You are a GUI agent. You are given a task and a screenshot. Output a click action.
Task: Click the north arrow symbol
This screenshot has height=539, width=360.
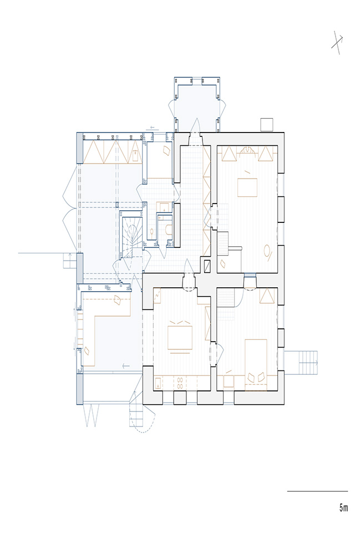point(337,42)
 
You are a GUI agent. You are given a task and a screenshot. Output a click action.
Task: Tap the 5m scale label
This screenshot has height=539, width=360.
point(343,508)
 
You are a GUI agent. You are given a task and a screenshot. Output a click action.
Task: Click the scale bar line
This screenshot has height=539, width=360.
point(317,491)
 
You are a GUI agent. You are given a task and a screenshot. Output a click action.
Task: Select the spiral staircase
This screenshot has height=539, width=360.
point(131,237)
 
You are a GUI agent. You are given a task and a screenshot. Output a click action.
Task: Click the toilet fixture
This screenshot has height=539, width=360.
point(169,229)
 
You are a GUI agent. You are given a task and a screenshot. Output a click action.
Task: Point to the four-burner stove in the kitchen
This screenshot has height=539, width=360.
point(180,383)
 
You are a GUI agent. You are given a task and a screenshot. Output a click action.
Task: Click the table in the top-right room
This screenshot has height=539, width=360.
point(247,187)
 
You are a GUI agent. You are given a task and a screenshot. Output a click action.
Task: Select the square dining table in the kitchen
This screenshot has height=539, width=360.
point(180,338)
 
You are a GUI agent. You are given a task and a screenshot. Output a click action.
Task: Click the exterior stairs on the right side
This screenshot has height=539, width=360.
point(302,363)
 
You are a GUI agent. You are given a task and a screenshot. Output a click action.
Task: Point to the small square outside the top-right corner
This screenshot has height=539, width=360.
point(266,124)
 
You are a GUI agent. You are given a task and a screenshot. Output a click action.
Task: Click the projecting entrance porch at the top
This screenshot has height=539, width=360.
point(197,104)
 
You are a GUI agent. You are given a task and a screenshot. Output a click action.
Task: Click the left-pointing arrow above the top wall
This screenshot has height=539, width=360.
point(153,127)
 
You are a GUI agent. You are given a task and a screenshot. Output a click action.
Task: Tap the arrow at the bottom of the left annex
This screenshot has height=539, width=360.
point(126,366)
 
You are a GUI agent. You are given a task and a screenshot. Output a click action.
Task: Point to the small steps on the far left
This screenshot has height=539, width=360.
point(70,261)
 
